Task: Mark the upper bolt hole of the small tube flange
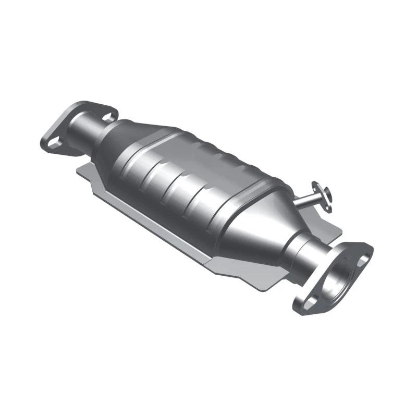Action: pyautogui.click(x=316, y=186)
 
